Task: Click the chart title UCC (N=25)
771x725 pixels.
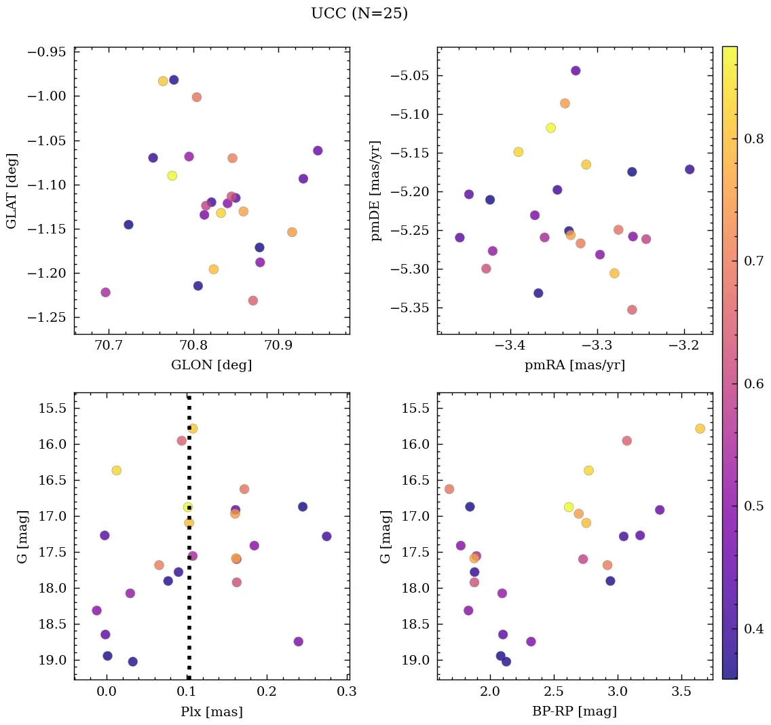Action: pyautogui.click(x=359, y=14)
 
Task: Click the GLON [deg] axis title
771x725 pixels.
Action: pyautogui.click(x=211, y=365)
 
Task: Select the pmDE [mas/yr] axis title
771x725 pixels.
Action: pyautogui.click(x=376, y=191)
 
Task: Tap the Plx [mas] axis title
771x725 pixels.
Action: pyautogui.click(x=211, y=711)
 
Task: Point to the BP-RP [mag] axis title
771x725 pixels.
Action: pyautogui.click(x=574, y=711)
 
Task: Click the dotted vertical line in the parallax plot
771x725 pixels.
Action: pyautogui.click(x=189, y=611)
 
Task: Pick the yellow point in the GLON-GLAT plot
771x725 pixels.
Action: pyautogui.click(x=172, y=176)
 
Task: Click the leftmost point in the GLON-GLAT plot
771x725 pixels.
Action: pyautogui.click(x=105, y=293)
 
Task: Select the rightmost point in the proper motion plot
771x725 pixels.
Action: pyautogui.click(x=690, y=170)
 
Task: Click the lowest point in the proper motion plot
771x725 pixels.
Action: pyautogui.click(x=632, y=310)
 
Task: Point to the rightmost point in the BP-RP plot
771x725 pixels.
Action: pyautogui.click(x=700, y=428)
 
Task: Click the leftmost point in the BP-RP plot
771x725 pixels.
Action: pyautogui.click(x=449, y=489)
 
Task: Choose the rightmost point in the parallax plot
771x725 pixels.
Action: pyautogui.click(x=326, y=536)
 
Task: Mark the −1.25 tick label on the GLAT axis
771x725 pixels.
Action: pyautogui.click(x=49, y=318)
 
